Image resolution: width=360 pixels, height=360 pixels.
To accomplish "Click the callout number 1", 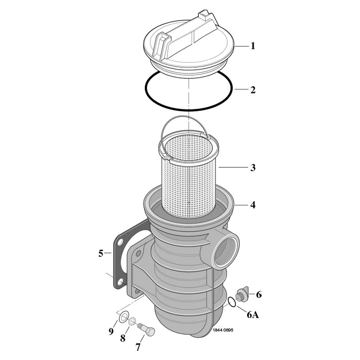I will pos(252,46).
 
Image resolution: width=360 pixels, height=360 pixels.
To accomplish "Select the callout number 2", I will pos(252,90).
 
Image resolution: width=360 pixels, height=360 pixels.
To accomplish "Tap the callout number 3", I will pos(252,168).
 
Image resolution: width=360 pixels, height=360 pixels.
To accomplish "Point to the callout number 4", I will pos(252,205).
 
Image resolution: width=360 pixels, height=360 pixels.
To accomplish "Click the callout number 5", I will pos(101,253).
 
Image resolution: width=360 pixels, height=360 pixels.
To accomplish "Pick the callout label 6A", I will pos(252,315).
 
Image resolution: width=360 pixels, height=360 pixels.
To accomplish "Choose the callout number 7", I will pos(138,347).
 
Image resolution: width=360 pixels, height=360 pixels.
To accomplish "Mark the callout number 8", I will pos(123,338).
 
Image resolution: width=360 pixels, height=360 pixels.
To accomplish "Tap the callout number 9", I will pos(112,331).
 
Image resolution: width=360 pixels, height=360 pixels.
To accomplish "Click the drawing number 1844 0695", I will pos(223,330).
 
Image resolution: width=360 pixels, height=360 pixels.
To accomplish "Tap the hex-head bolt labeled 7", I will pos(147,330).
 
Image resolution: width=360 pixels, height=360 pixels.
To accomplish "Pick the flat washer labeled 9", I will pos(123,318).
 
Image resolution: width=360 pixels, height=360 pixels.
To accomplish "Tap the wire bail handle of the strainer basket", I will pos(187,122).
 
